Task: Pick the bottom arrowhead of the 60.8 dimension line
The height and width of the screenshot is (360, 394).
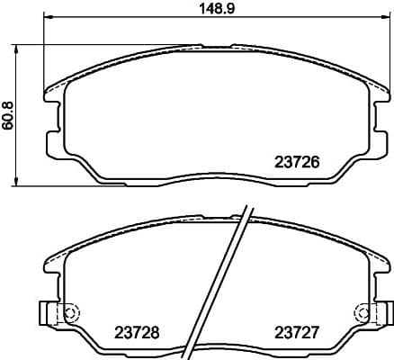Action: tap(20, 184)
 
